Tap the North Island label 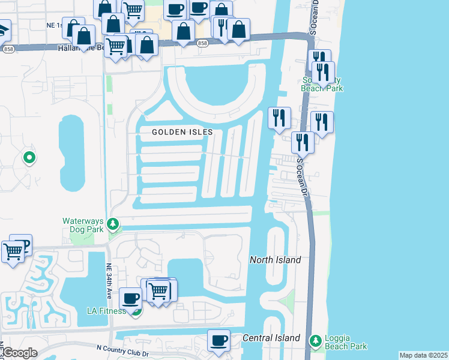coord(275,260)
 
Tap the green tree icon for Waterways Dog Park coord(113,224)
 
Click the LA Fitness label coord(106,311)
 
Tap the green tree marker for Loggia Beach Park coord(315,341)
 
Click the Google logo coord(19,353)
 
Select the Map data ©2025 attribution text coord(423,355)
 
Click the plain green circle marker coord(29,158)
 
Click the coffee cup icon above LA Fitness coord(130,298)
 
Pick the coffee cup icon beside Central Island coord(218,340)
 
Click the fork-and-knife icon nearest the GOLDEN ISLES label coord(279,118)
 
